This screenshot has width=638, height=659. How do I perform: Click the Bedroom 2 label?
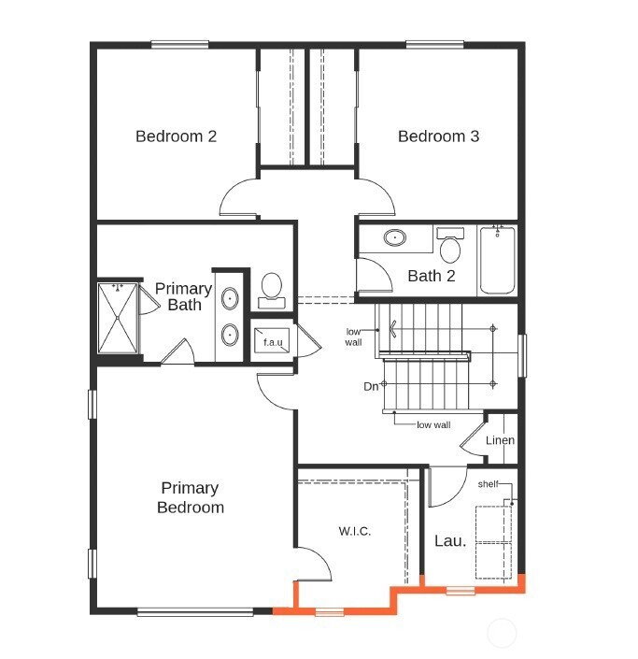[x=176, y=136]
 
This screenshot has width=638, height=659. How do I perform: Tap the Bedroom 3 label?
[x=438, y=136]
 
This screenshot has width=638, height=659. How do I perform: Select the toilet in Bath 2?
[x=450, y=245]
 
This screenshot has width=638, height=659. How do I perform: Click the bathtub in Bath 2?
[x=497, y=260]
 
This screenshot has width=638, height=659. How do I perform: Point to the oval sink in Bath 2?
[x=395, y=237]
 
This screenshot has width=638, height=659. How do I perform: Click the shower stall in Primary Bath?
[x=118, y=318]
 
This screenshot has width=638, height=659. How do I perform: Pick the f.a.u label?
[x=273, y=342]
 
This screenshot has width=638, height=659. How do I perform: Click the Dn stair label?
[x=371, y=386]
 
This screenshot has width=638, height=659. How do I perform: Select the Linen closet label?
[x=500, y=440]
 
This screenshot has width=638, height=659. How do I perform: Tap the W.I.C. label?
[x=354, y=531]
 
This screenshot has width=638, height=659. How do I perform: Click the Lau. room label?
[x=450, y=541]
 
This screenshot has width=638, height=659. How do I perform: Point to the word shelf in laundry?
[x=488, y=484]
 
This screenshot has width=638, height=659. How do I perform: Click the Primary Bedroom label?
[x=191, y=497]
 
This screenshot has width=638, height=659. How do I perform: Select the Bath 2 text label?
[x=432, y=276]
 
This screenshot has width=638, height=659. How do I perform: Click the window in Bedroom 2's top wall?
[x=179, y=45]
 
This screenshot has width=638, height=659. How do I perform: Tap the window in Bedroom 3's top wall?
[x=434, y=45]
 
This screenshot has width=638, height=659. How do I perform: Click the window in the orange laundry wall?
[x=461, y=591]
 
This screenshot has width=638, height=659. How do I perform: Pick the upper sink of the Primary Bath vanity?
[x=230, y=299]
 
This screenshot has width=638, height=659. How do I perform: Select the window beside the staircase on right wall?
[x=522, y=355]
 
